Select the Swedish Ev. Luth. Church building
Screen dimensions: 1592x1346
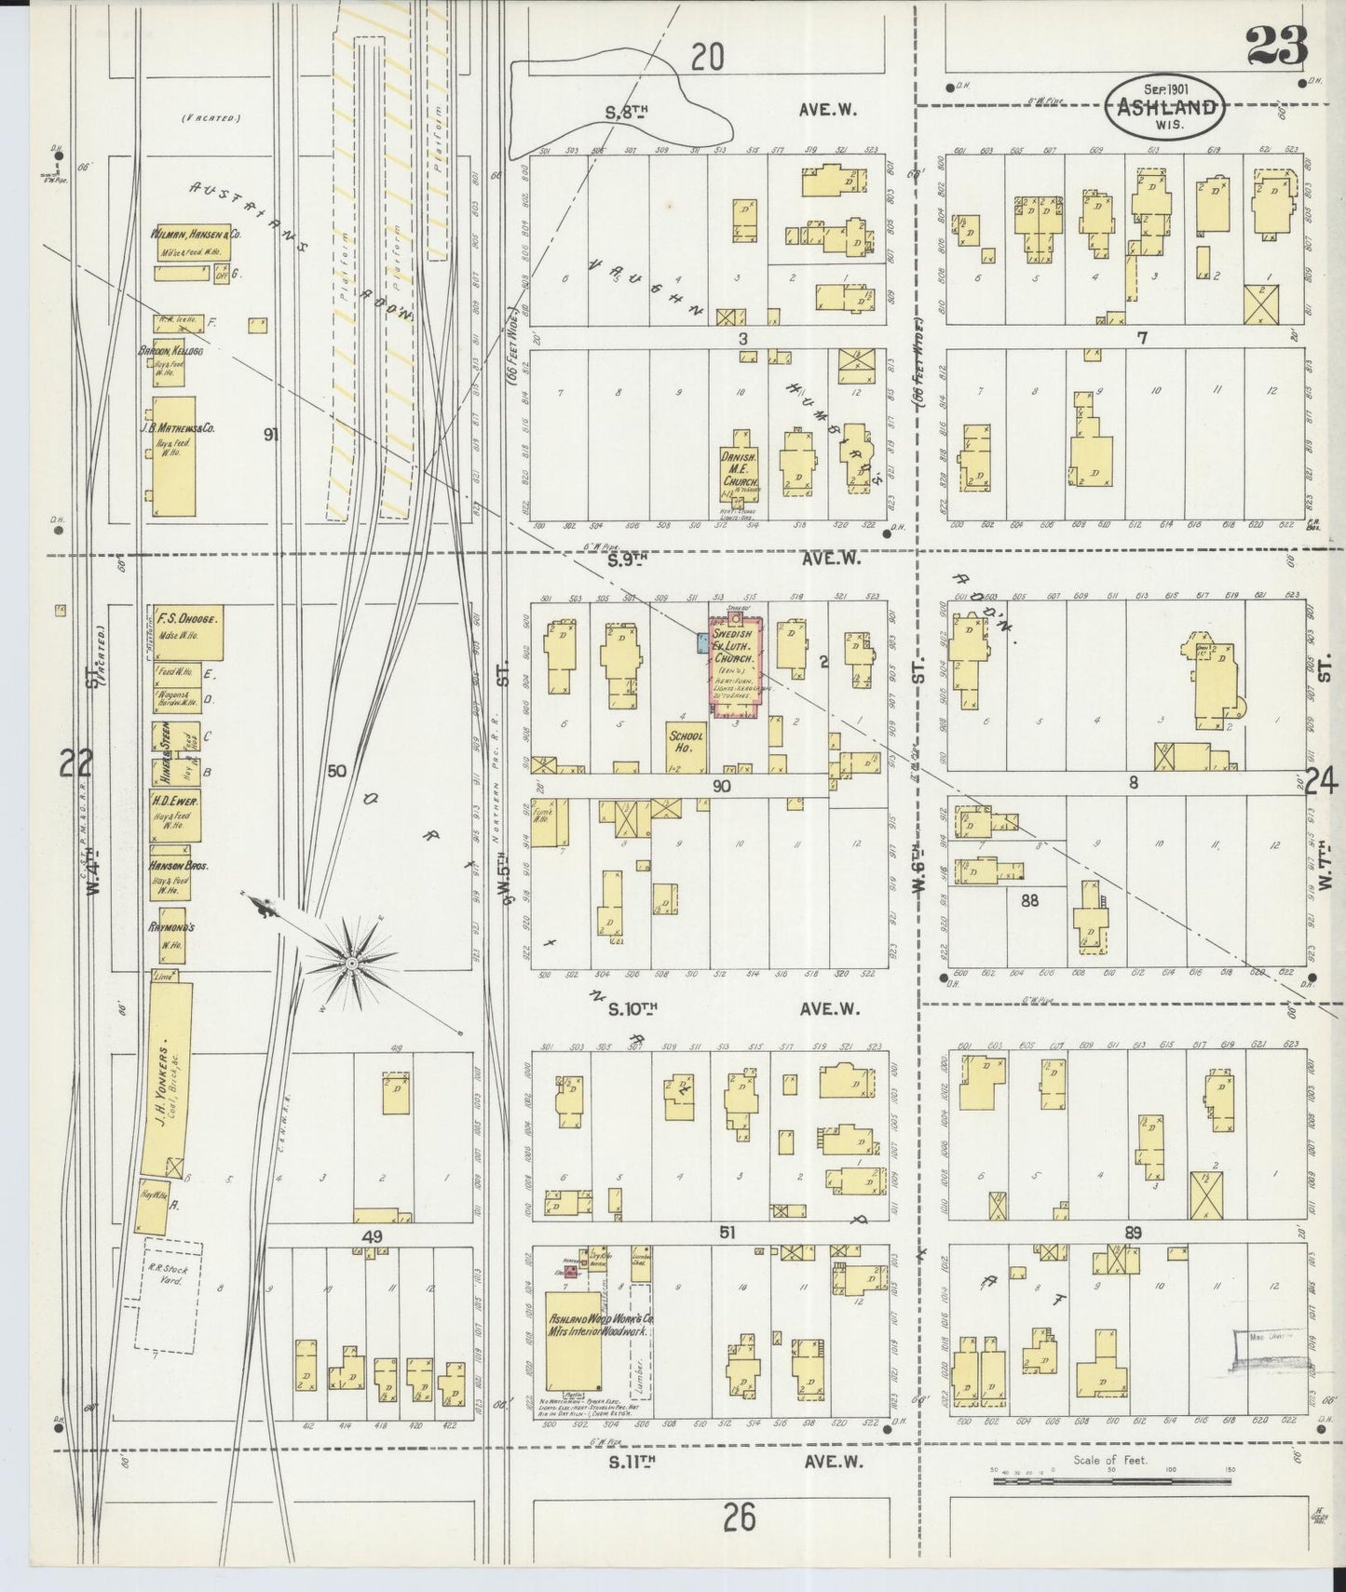[x=737, y=664]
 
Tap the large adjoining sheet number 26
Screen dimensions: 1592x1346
[x=738, y=1518]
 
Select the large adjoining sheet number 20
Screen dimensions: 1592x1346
[x=707, y=58]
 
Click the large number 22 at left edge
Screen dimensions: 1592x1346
[x=75, y=764]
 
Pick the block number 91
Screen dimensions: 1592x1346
[x=271, y=433]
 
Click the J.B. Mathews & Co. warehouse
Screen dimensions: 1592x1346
[x=174, y=456]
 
